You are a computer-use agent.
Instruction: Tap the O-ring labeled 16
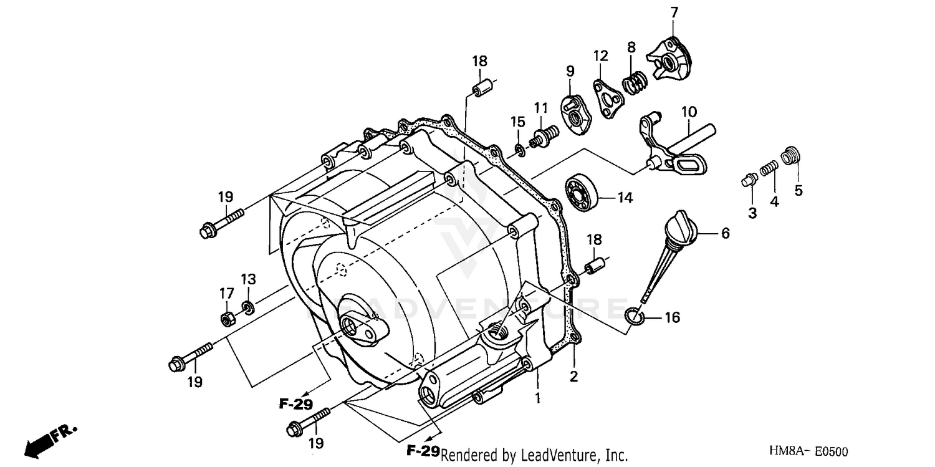click(x=634, y=317)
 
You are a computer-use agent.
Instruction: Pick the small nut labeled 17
click(x=227, y=319)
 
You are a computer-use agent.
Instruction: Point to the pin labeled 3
click(x=748, y=180)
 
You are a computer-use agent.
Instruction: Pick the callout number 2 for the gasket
click(x=573, y=377)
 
